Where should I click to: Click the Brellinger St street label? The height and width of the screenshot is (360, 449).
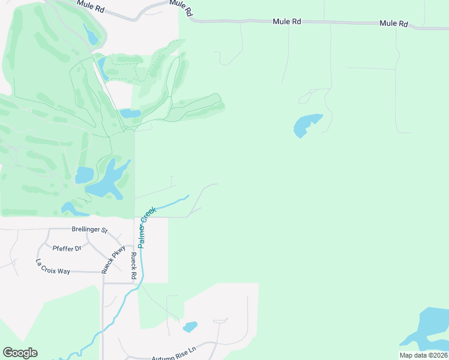click(89, 230)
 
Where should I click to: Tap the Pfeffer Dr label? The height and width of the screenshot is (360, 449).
click(67, 248)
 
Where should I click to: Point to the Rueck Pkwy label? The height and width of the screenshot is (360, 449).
click(113, 260)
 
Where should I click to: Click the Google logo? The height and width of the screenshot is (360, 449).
click(20, 353)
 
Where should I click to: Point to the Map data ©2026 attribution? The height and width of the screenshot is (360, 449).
click(423, 355)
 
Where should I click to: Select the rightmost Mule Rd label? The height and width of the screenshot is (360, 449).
click(394, 23)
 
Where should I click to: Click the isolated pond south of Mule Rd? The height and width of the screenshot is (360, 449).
click(307, 124)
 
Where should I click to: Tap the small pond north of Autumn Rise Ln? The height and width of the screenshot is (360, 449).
click(190, 327)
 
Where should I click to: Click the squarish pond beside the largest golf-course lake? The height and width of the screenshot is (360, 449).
click(84, 175)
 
